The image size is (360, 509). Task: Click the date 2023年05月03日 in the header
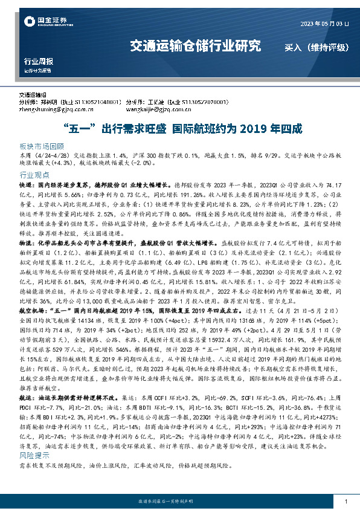coord(324,24)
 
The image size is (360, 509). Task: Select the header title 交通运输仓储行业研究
coord(196,46)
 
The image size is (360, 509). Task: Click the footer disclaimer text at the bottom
coord(180,502)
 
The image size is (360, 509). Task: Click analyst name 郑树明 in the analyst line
coord(47,103)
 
